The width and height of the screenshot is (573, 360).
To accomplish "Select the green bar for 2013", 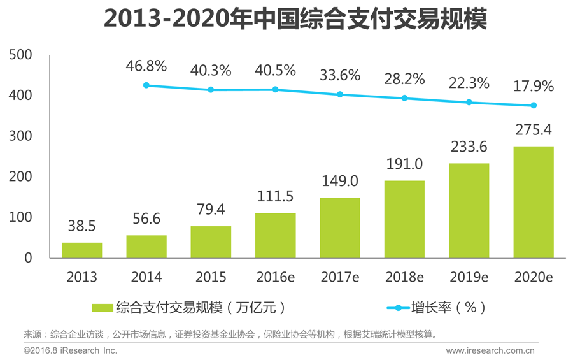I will click(x=81, y=250).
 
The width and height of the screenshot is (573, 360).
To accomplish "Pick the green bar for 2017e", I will click(x=339, y=228).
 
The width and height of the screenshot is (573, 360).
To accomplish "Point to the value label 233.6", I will click(x=469, y=147).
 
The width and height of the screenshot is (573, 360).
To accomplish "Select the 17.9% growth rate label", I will click(x=534, y=85).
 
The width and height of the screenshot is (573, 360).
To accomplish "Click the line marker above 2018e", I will click(x=404, y=98).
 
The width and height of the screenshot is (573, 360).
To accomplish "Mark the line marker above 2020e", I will click(x=534, y=106).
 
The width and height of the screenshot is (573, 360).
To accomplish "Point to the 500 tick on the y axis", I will click(x=20, y=55).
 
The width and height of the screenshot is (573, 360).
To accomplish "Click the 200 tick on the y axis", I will click(x=20, y=177).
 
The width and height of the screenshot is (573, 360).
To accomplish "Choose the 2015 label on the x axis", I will click(x=210, y=277).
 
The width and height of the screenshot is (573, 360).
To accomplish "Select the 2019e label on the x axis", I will click(x=469, y=277).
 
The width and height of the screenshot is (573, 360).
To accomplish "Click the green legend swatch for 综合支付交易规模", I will click(x=103, y=308).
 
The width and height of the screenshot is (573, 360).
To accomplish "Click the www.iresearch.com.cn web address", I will click(x=490, y=350).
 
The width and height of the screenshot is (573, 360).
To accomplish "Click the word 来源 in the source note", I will click(x=32, y=335).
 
